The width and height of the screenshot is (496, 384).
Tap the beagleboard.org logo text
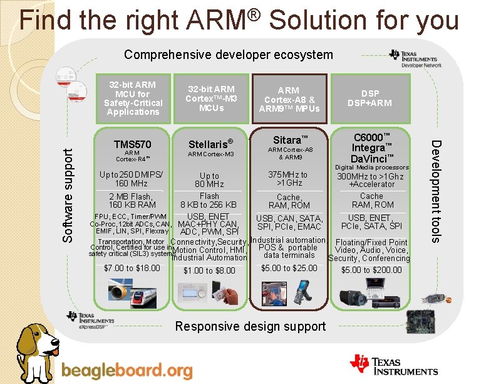tap(127, 370)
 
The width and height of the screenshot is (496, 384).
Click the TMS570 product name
tap(132, 144)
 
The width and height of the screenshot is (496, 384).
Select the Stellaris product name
tap(210, 144)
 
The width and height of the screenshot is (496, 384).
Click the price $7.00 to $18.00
tap(132, 269)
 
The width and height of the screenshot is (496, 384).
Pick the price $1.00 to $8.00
tap(209, 271)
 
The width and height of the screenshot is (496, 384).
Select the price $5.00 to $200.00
tap(371, 270)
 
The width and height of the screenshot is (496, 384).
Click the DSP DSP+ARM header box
tap(369, 98)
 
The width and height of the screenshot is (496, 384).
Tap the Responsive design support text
tap(251, 326)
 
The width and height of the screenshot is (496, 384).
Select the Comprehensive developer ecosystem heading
tap(229, 55)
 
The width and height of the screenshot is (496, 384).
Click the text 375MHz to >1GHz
tap(288, 179)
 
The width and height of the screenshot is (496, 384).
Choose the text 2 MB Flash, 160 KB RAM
tap(132, 201)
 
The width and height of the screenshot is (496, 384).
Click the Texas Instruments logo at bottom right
tap(395, 366)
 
